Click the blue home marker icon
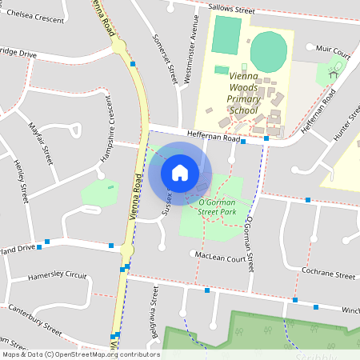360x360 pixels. pos(180,172)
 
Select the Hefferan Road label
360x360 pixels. pos(214,138)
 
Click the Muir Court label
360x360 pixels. pos(334,50)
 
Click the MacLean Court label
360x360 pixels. pos(218,258)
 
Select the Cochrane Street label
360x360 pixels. pos(329,274)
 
